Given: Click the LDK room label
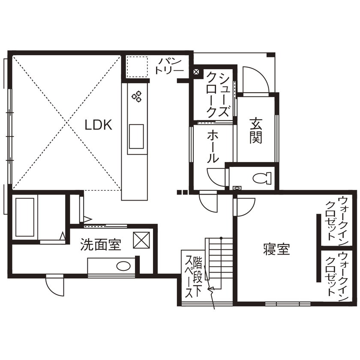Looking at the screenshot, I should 98,125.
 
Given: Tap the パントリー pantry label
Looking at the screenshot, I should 170,66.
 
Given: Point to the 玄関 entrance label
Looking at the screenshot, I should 256,130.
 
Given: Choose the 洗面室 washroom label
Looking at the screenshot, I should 101,245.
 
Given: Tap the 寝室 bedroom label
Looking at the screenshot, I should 276,249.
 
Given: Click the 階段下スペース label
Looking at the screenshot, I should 193,277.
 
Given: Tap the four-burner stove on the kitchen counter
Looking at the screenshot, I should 137,97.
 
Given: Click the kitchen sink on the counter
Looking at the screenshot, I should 136,137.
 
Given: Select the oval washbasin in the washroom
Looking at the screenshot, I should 123,266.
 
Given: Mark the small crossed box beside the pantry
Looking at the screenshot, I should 196,72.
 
